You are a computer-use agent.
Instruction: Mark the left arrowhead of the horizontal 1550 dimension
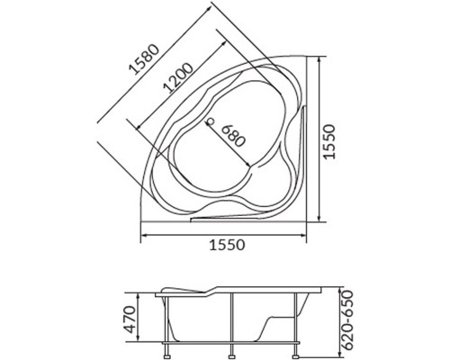[x=145, y=236]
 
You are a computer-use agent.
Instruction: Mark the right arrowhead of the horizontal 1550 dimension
[x=305, y=236]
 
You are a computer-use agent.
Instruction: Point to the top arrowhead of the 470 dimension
[x=144, y=293]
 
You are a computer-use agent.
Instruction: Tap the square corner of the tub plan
[x=305, y=219]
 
